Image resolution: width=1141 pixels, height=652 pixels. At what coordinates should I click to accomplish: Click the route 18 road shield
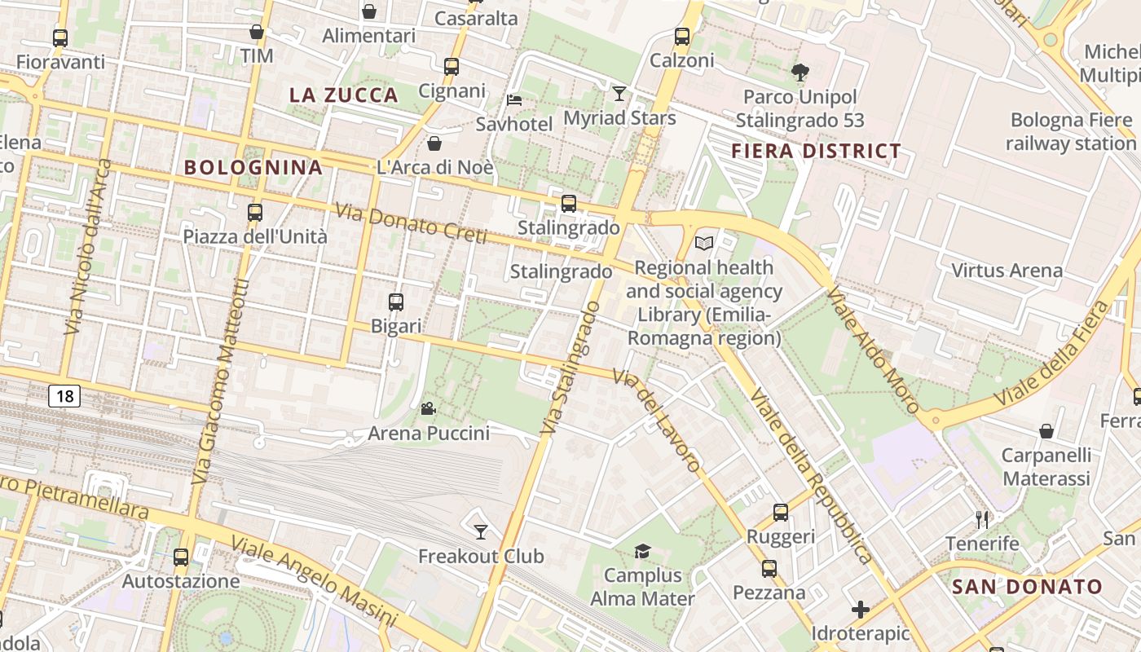(65, 397)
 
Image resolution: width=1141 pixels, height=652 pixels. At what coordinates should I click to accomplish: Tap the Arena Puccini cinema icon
(428, 408)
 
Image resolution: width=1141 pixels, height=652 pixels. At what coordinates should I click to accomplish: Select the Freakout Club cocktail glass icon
(481, 532)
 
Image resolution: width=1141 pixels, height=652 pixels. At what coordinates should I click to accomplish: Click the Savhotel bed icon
(514, 100)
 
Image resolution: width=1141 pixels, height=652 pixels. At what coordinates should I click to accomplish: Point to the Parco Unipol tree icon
(800, 73)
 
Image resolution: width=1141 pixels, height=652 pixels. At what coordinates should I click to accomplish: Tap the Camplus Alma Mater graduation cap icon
(642, 552)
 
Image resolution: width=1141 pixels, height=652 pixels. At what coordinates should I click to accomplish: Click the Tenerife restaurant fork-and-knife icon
(982, 519)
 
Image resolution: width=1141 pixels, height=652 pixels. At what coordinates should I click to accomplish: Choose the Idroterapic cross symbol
(861, 610)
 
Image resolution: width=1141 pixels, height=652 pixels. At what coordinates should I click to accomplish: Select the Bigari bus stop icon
(396, 302)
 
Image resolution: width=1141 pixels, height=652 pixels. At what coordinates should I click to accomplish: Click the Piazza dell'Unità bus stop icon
(255, 213)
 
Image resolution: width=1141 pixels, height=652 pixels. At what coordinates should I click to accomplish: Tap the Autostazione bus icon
(181, 557)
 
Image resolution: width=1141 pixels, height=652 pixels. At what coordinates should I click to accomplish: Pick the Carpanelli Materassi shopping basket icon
(1046, 431)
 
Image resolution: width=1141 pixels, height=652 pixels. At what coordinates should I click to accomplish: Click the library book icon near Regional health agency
(704, 243)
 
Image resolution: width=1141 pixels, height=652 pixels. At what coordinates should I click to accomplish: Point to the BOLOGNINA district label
(253, 168)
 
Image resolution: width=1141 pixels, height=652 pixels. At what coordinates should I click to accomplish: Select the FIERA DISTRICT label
(816, 151)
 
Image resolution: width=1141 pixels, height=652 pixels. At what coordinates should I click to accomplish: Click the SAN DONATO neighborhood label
(1027, 586)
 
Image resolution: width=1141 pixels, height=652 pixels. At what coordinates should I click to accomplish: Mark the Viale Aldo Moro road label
(873, 349)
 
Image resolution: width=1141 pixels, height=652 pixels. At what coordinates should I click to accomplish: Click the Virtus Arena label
(1007, 271)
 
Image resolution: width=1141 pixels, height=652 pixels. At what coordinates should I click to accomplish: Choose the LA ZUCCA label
(344, 95)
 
